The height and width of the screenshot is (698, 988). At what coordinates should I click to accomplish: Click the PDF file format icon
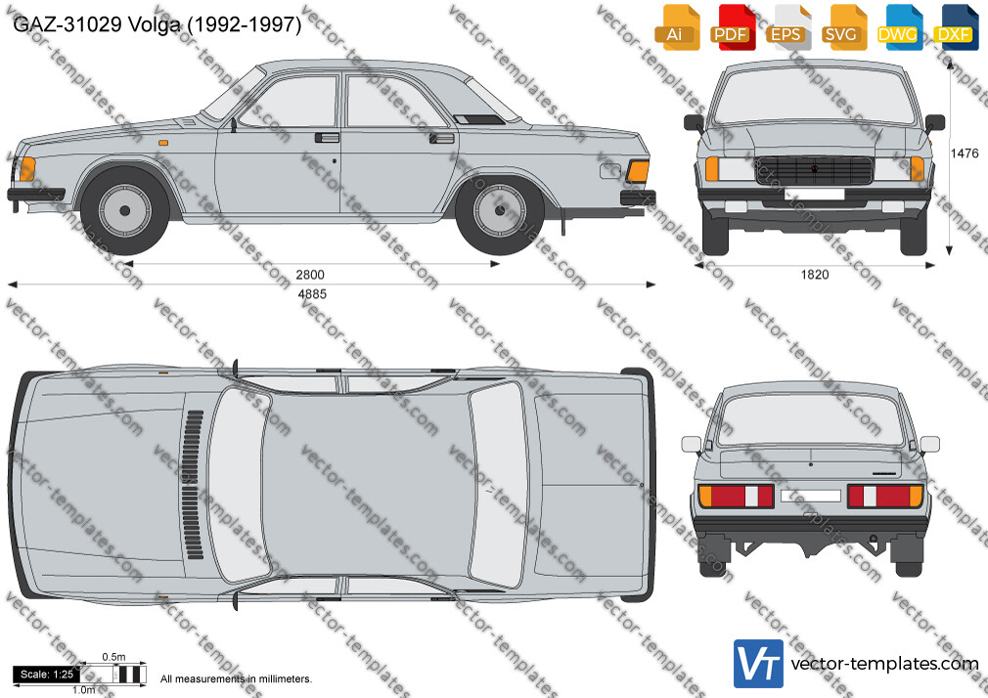[x=732, y=27]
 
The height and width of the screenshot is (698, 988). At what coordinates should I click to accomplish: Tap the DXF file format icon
[x=957, y=27]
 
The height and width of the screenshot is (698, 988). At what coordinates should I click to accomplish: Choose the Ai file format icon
[x=677, y=27]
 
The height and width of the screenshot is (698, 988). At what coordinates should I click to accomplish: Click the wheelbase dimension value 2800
[x=310, y=275]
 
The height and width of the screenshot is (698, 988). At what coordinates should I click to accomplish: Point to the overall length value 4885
[x=312, y=294]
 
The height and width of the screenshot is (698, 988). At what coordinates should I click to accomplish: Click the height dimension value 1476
[x=965, y=153]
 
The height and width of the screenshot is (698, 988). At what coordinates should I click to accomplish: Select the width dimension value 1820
[x=815, y=275]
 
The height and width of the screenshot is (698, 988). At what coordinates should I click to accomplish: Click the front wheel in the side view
[x=125, y=210]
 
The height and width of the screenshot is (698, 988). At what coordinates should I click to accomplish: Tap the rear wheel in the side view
[x=500, y=210]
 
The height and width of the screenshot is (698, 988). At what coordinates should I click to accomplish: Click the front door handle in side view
[x=327, y=137]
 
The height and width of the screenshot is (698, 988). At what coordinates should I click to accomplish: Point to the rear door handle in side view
[x=442, y=138]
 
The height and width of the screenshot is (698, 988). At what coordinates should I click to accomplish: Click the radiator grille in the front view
[x=814, y=170]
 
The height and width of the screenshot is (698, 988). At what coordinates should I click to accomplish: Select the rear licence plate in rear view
[x=810, y=496]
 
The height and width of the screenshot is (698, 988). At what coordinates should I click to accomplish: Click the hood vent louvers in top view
[x=194, y=485]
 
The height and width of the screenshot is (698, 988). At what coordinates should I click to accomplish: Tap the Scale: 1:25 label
[x=47, y=675]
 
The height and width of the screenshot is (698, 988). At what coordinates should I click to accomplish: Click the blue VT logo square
[x=759, y=664]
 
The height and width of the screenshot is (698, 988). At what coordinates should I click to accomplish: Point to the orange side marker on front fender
[x=163, y=143]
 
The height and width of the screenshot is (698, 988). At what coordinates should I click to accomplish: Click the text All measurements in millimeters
[x=236, y=679]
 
